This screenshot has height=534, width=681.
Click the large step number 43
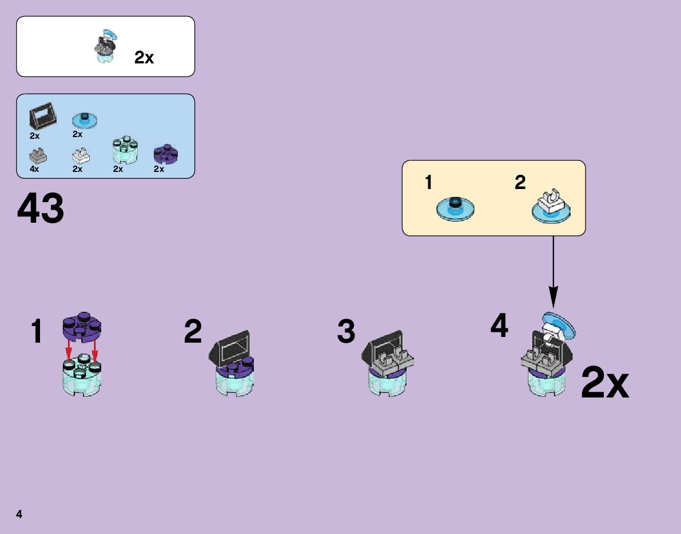tap(41, 209)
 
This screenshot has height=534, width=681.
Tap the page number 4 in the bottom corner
tap(19, 515)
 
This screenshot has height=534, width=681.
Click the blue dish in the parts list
tap(85, 120)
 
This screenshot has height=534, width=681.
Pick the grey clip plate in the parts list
tap(38, 155)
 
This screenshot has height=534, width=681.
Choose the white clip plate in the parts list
tap(81, 155)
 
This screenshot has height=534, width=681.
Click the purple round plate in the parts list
tap(166, 154)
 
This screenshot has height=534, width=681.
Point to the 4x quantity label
tap(34, 170)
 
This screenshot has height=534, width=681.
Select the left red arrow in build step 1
tap(69, 349)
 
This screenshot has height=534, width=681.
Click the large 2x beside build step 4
tap(604, 384)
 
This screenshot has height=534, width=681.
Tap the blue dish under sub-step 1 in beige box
tap(455, 208)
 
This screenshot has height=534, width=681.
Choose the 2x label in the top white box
tap(144, 57)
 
